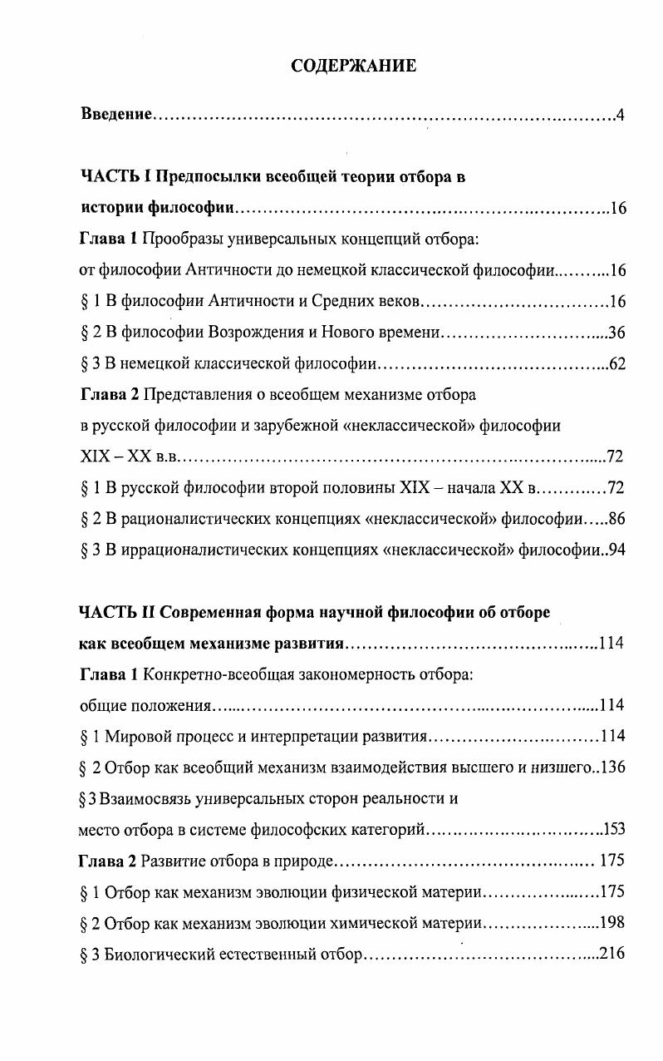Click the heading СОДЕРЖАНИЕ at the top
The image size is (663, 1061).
(354, 67)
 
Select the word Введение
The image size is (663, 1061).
(115, 114)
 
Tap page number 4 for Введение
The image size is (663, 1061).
(620, 114)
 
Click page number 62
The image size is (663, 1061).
(616, 363)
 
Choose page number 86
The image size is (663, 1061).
(616, 519)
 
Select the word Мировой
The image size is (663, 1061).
(131, 736)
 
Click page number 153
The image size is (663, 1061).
(613, 829)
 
